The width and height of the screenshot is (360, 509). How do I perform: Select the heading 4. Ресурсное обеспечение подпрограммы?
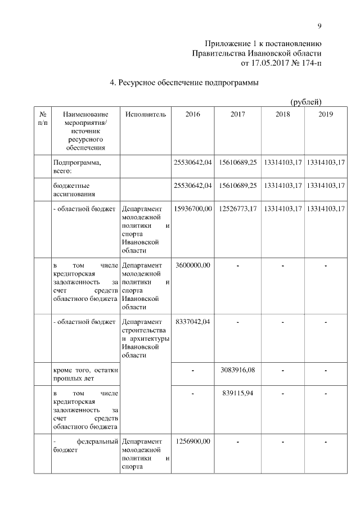(184, 83)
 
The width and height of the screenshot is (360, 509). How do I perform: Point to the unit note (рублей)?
(305, 102)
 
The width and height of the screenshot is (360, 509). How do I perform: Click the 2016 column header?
(192, 114)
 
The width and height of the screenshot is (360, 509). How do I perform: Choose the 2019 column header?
(325, 114)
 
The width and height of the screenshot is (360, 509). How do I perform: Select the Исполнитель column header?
(146, 114)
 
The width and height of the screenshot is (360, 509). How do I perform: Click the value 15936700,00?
(193, 209)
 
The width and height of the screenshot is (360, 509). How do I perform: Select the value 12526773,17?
(238, 209)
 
